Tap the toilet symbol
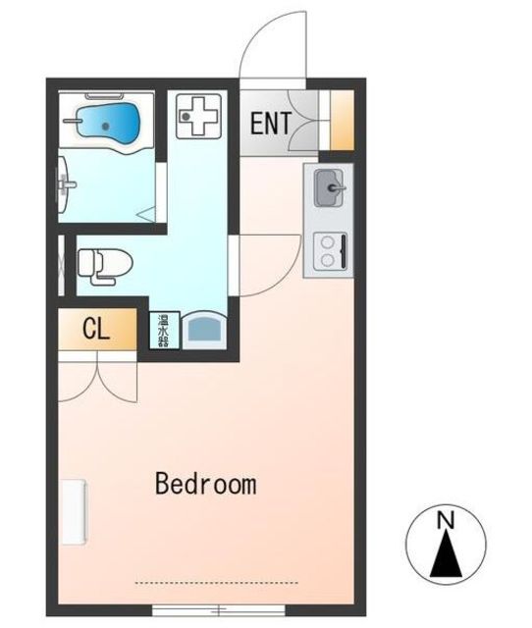pyautogui.click(x=105, y=266)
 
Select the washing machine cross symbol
pyautogui.click(x=198, y=116)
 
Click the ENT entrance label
pyautogui.click(x=271, y=124)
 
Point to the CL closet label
pyautogui.click(x=96, y=329)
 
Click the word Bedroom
pyautogui.click(x=206, y=484)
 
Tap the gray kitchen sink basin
pyautogui.click(x=329, y=187)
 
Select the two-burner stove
pyautogui.click(x=330, y=252)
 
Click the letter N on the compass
pyautogui.click(x=446, y=521)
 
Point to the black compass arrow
pyautogui.click(x=446, y=553)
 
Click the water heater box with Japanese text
pyautogui.click(x=164, y=331)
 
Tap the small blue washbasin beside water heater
pyautogui.click(x=204, y=330)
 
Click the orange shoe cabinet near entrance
pyautogui.click(x=343, y=120)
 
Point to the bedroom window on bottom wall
pyautogui.click(x=219, y=610)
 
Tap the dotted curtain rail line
pyautogui.click(x=217, y=583)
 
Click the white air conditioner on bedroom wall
pyautogui.click(x=75, y=512)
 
